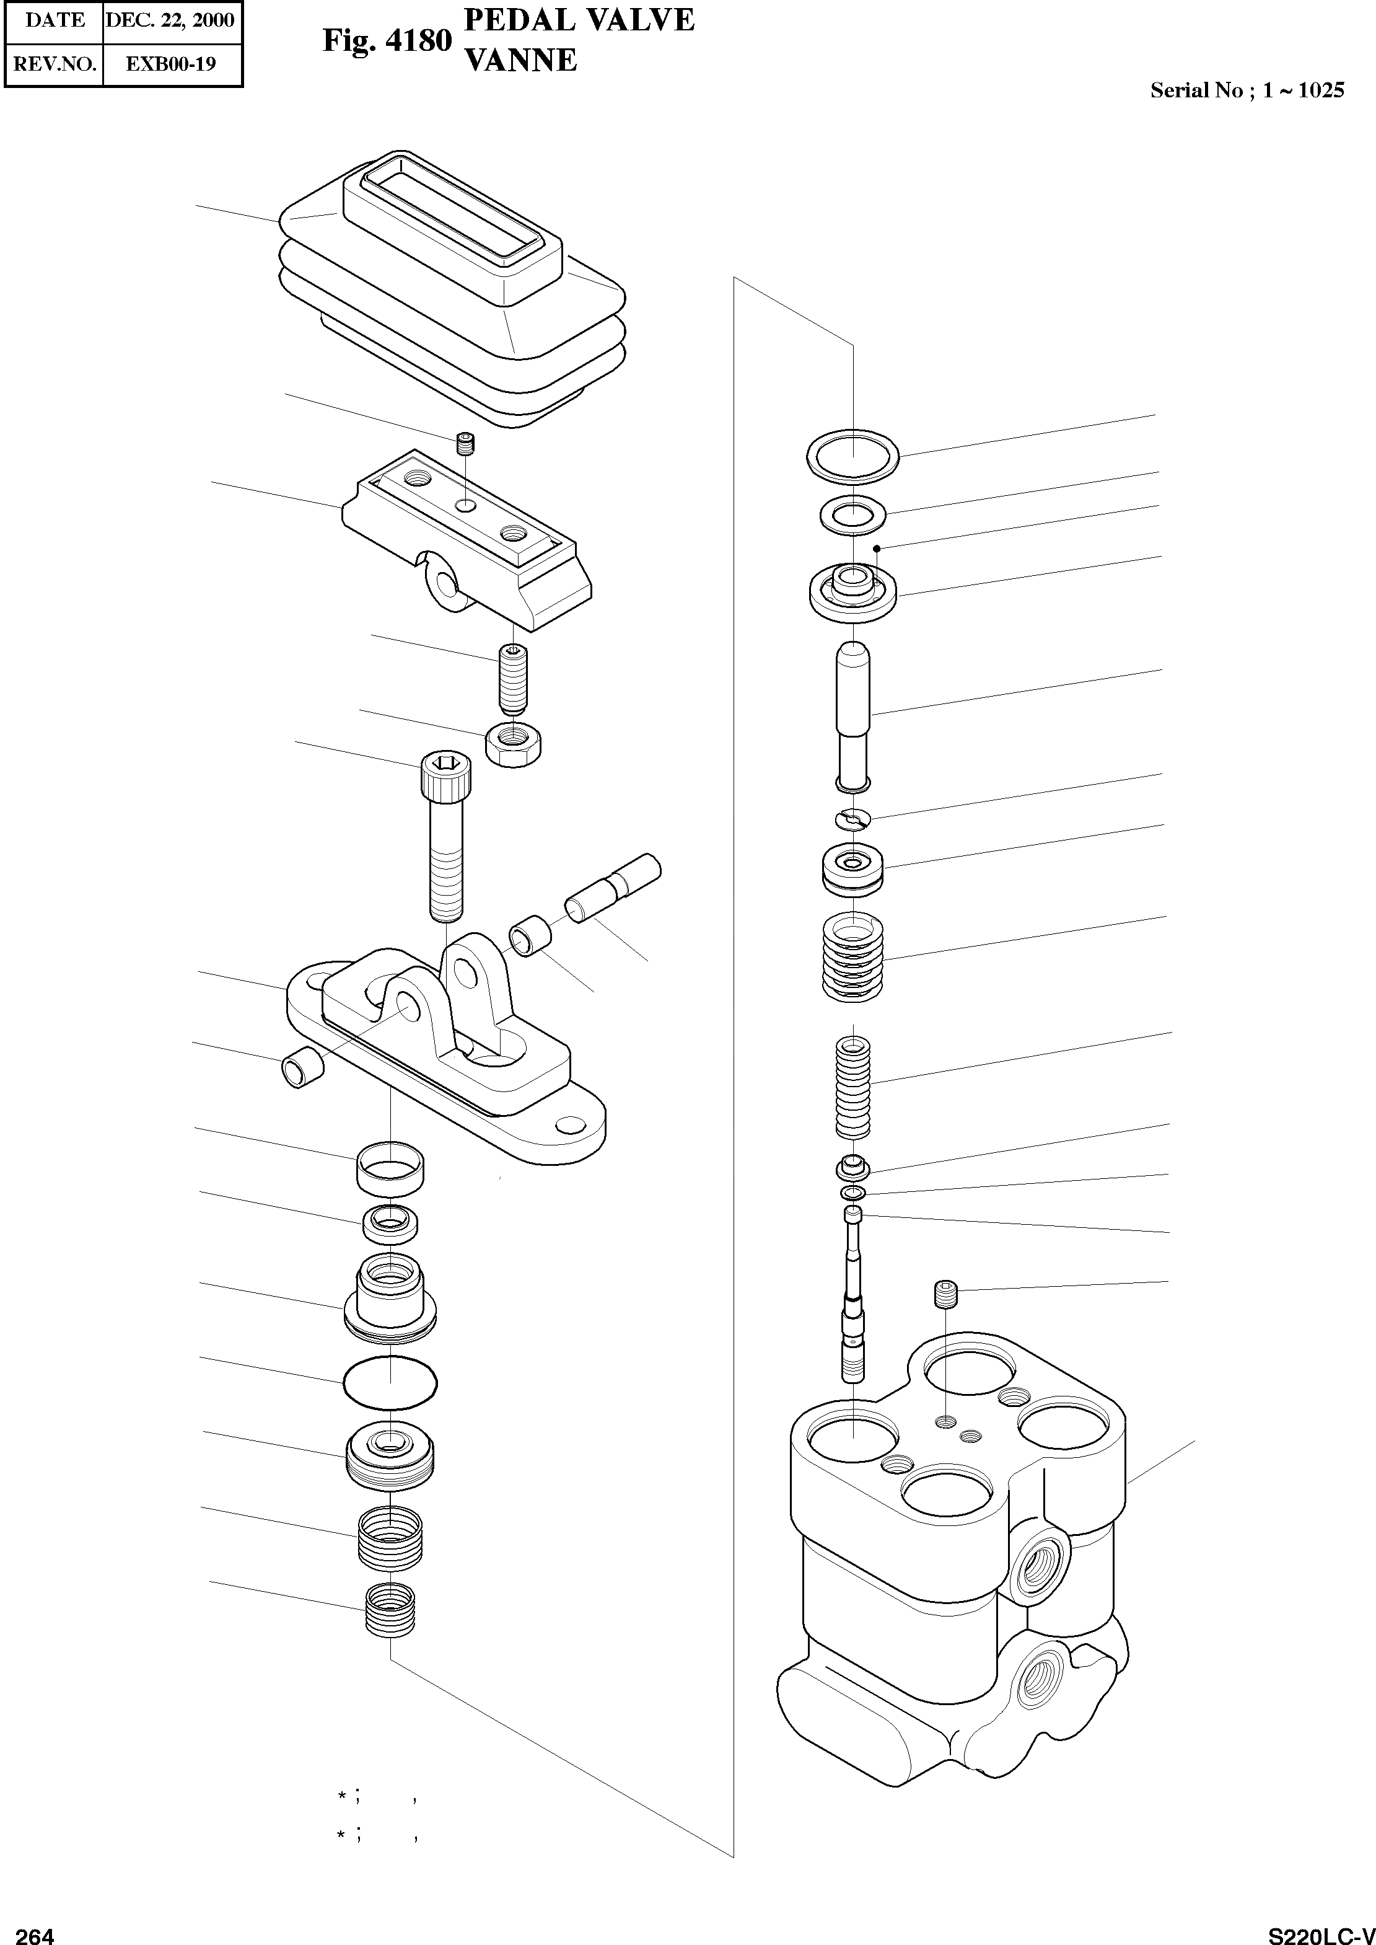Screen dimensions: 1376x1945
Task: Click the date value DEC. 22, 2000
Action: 170,20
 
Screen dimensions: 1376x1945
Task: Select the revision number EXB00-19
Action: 170,64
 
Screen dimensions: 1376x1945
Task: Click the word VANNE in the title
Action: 521,60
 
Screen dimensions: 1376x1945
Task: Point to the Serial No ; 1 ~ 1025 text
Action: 1247,90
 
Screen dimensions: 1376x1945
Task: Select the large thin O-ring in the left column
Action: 390,1384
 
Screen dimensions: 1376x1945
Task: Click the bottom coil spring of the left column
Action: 390,1610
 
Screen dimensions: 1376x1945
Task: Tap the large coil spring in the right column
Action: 852,957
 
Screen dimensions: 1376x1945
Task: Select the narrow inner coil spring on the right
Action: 853,1088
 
